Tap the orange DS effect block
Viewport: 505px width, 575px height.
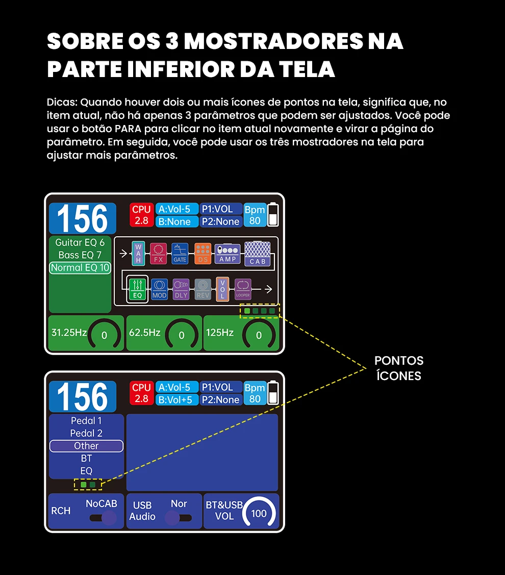tap(203, 254)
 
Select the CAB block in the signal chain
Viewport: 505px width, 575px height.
tap(257, 254)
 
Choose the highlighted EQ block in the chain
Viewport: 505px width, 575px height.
tap(137, 289)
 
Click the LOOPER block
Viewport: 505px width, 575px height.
tap(243, 289)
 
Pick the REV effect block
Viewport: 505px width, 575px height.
tap(203, 289)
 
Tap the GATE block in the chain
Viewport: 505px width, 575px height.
tap(180, 254)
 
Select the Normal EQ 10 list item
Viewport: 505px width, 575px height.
tap(80, 268)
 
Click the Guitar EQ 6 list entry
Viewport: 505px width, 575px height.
tap(80, 242)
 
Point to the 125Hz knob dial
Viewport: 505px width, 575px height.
tap(259, 335)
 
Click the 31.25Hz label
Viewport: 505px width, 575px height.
tap(69, 333)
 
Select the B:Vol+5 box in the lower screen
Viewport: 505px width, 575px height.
tap(174, 399)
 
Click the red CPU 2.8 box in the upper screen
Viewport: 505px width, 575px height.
tap(141, 215)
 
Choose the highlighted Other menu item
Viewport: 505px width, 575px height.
tap(86, 446)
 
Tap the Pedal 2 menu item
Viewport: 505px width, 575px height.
tap(86, 433)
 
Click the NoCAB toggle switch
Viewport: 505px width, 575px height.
tap(103, 518)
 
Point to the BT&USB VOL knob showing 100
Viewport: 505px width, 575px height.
tap(259, 513)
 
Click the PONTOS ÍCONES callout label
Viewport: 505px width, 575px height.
tap(399, 368)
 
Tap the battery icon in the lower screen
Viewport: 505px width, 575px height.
tap(274, 392)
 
